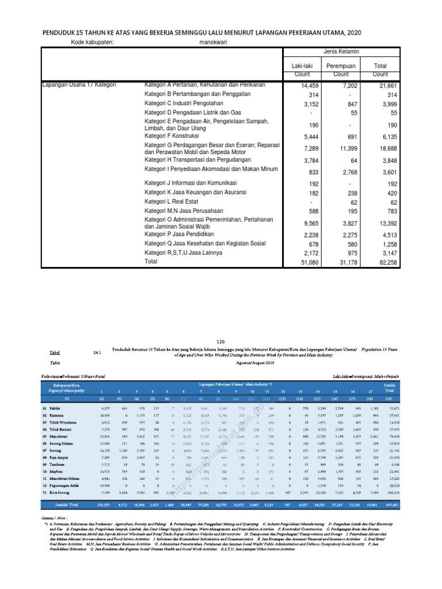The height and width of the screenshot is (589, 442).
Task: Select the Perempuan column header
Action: pyautogui.click(x=341, y=67)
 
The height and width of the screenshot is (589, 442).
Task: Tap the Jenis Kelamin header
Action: pyautogui.click(x=341, y=52)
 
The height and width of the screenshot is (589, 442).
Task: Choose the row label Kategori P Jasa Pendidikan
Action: pyautogui.click(x=179, y=234)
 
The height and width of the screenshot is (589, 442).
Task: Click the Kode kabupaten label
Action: pyautogui.click(x=93, y=42)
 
